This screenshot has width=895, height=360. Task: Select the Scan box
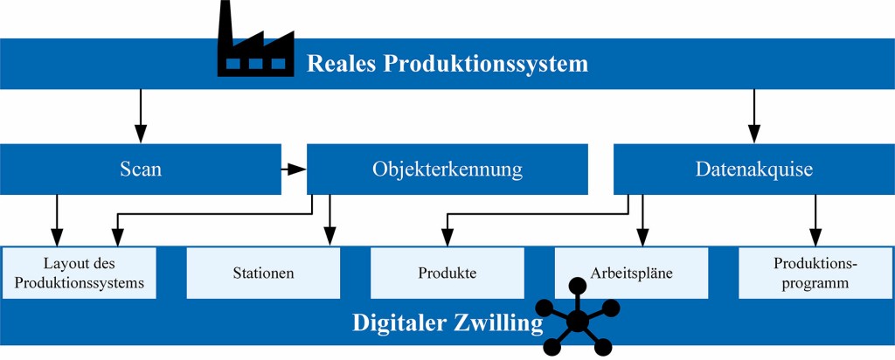click(x=141, y=169)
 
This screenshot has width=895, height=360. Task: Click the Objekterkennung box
click(x=447, y=169)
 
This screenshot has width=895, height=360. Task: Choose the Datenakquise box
click(x=753, y=169)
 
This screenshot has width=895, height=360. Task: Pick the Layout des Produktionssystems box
click(x=80, y=273)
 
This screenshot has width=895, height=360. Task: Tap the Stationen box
click(x=263, y=273)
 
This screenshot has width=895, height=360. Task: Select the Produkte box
click(x=447, y=273)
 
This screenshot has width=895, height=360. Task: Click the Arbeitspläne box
click(x=631, y=273)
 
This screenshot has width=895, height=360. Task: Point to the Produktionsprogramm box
click(x=815, y=273)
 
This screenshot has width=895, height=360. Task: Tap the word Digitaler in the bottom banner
click(x=398, y=322)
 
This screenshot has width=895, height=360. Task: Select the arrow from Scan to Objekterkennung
click(x=295, y=169)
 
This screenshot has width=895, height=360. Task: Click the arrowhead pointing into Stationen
click(x=330, y=237)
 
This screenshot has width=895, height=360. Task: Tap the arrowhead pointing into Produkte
click(x=447, y=237)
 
